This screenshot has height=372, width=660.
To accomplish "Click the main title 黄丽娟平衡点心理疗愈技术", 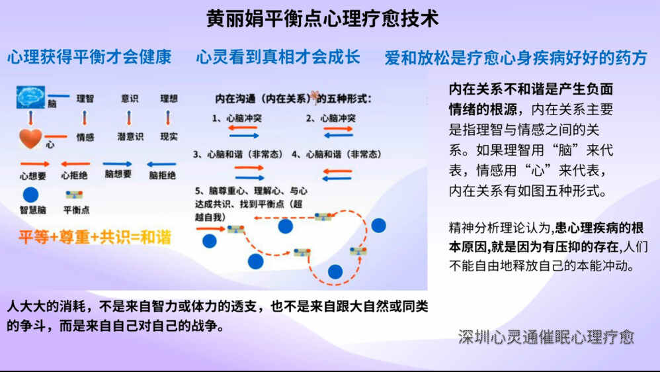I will point(322,19).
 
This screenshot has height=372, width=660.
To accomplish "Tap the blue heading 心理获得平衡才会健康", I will point(89,58).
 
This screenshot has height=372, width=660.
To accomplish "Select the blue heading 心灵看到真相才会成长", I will point(278,58).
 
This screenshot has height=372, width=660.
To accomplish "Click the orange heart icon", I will point(30,138).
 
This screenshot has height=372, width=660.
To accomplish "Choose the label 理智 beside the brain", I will point(85,99).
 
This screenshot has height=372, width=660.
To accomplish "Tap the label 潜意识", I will point(130,138).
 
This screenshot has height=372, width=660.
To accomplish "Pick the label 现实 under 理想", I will point(169,138).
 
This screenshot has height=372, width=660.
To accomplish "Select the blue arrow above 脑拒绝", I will point(162,163).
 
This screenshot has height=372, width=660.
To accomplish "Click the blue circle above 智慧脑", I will point(30,195).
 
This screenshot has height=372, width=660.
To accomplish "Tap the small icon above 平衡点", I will point(74,195).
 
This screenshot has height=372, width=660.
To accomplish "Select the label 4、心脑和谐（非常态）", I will point(337,154).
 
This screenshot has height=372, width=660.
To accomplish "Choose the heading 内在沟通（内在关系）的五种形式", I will point(294,99).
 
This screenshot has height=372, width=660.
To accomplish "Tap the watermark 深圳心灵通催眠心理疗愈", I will point(546,337).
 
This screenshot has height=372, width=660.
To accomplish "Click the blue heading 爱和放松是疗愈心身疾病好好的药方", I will point(516,58).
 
